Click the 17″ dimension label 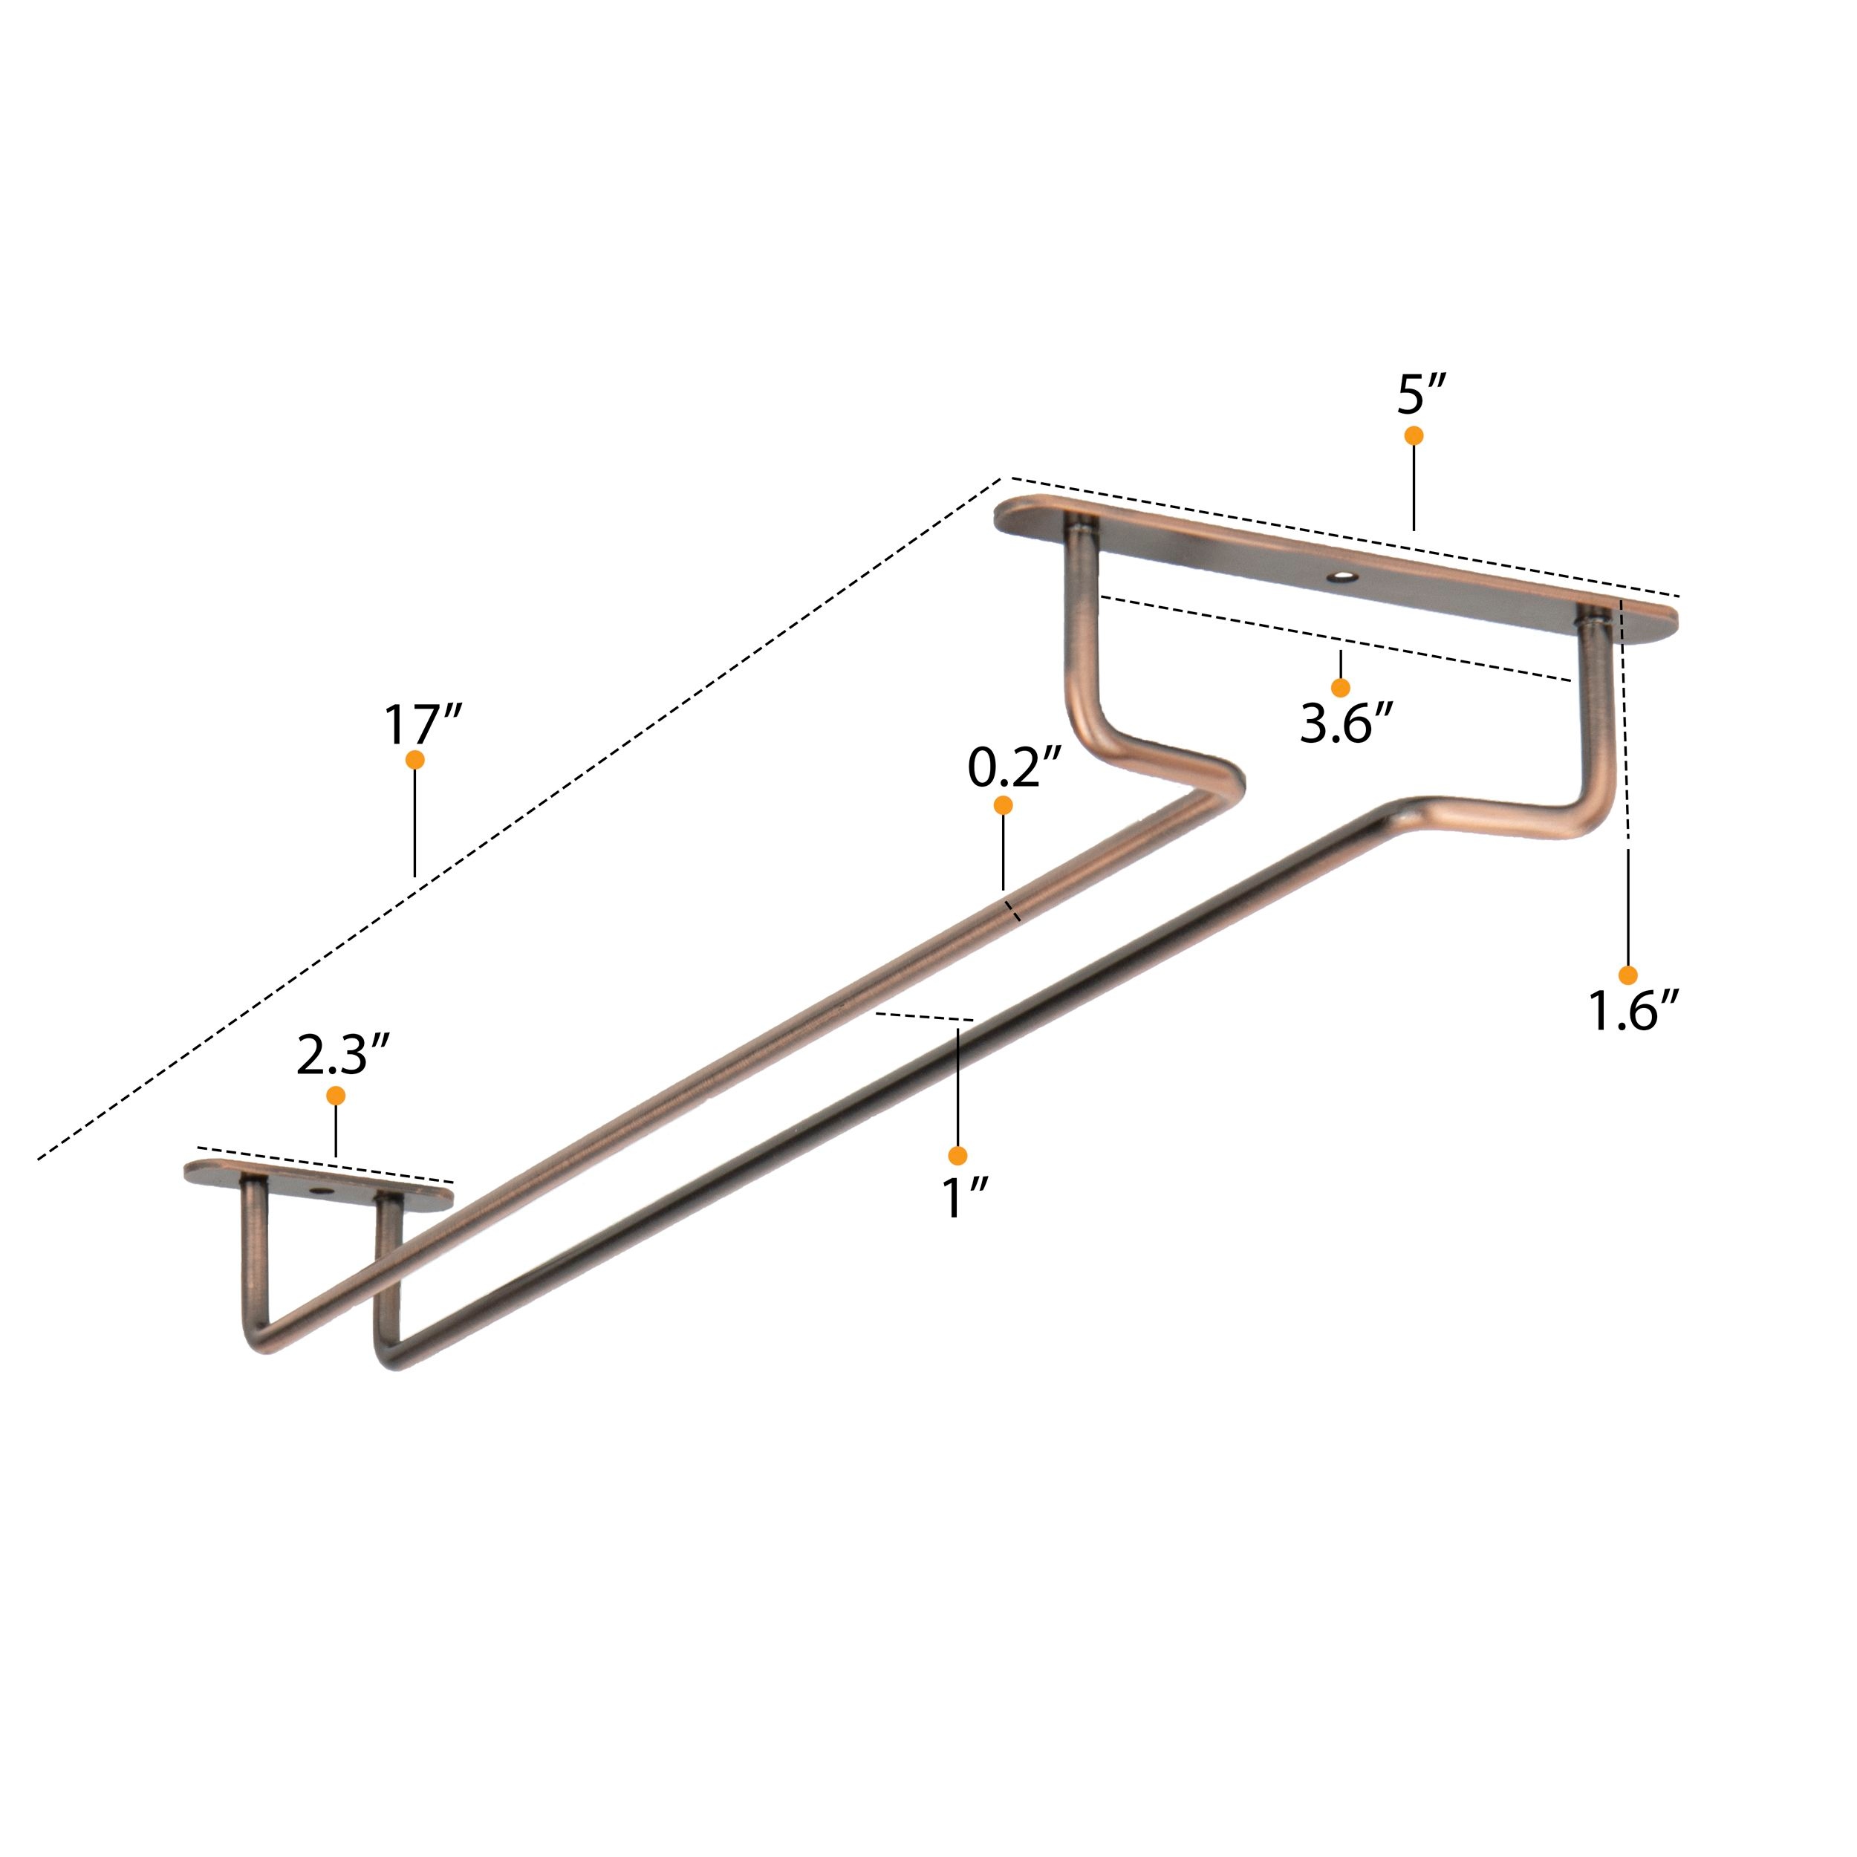[423, 725]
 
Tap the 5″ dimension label [1422, 394]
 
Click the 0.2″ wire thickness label [1013, 768]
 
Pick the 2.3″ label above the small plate [343, 1055]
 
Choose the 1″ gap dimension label [964, 1197]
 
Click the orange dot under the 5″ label [1413, 435]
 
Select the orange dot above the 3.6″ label [1340, 687]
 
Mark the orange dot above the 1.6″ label [1627, 975]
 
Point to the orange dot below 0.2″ [1003, 805]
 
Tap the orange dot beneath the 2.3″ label [336, 1096]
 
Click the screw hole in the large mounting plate [1340, 578]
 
